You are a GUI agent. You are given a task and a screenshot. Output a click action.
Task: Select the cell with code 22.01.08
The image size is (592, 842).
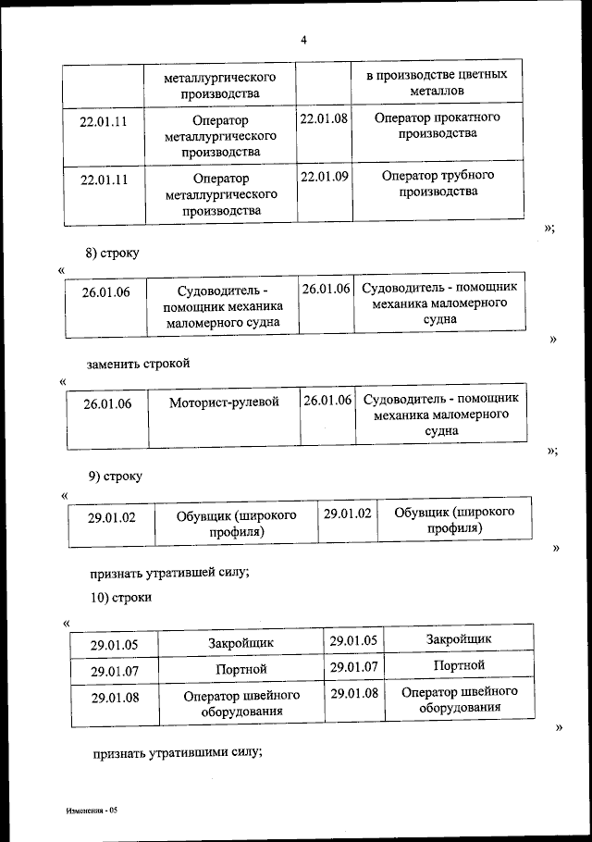(324, 119)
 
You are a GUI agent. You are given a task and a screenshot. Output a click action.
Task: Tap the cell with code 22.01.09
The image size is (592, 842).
(324, 177)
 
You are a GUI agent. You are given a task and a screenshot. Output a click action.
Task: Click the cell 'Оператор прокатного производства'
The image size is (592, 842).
(438, 126)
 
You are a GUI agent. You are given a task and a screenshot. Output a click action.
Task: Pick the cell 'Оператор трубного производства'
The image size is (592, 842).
(438, 183)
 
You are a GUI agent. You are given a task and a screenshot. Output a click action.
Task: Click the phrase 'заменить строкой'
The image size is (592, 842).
(139, 363)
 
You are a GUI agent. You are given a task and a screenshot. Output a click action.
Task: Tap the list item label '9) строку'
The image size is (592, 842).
(116, 476)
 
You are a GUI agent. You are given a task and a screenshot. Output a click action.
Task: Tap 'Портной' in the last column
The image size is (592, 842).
(458, 665)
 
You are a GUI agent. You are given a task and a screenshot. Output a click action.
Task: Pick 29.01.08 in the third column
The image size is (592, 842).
(353, 693)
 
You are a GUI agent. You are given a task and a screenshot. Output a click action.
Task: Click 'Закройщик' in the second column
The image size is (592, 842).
(242, 642)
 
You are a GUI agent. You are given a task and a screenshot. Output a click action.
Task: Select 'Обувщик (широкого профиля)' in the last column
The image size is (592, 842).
(454, 520)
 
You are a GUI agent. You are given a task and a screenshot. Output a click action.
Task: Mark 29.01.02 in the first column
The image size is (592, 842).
(112, 518)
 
